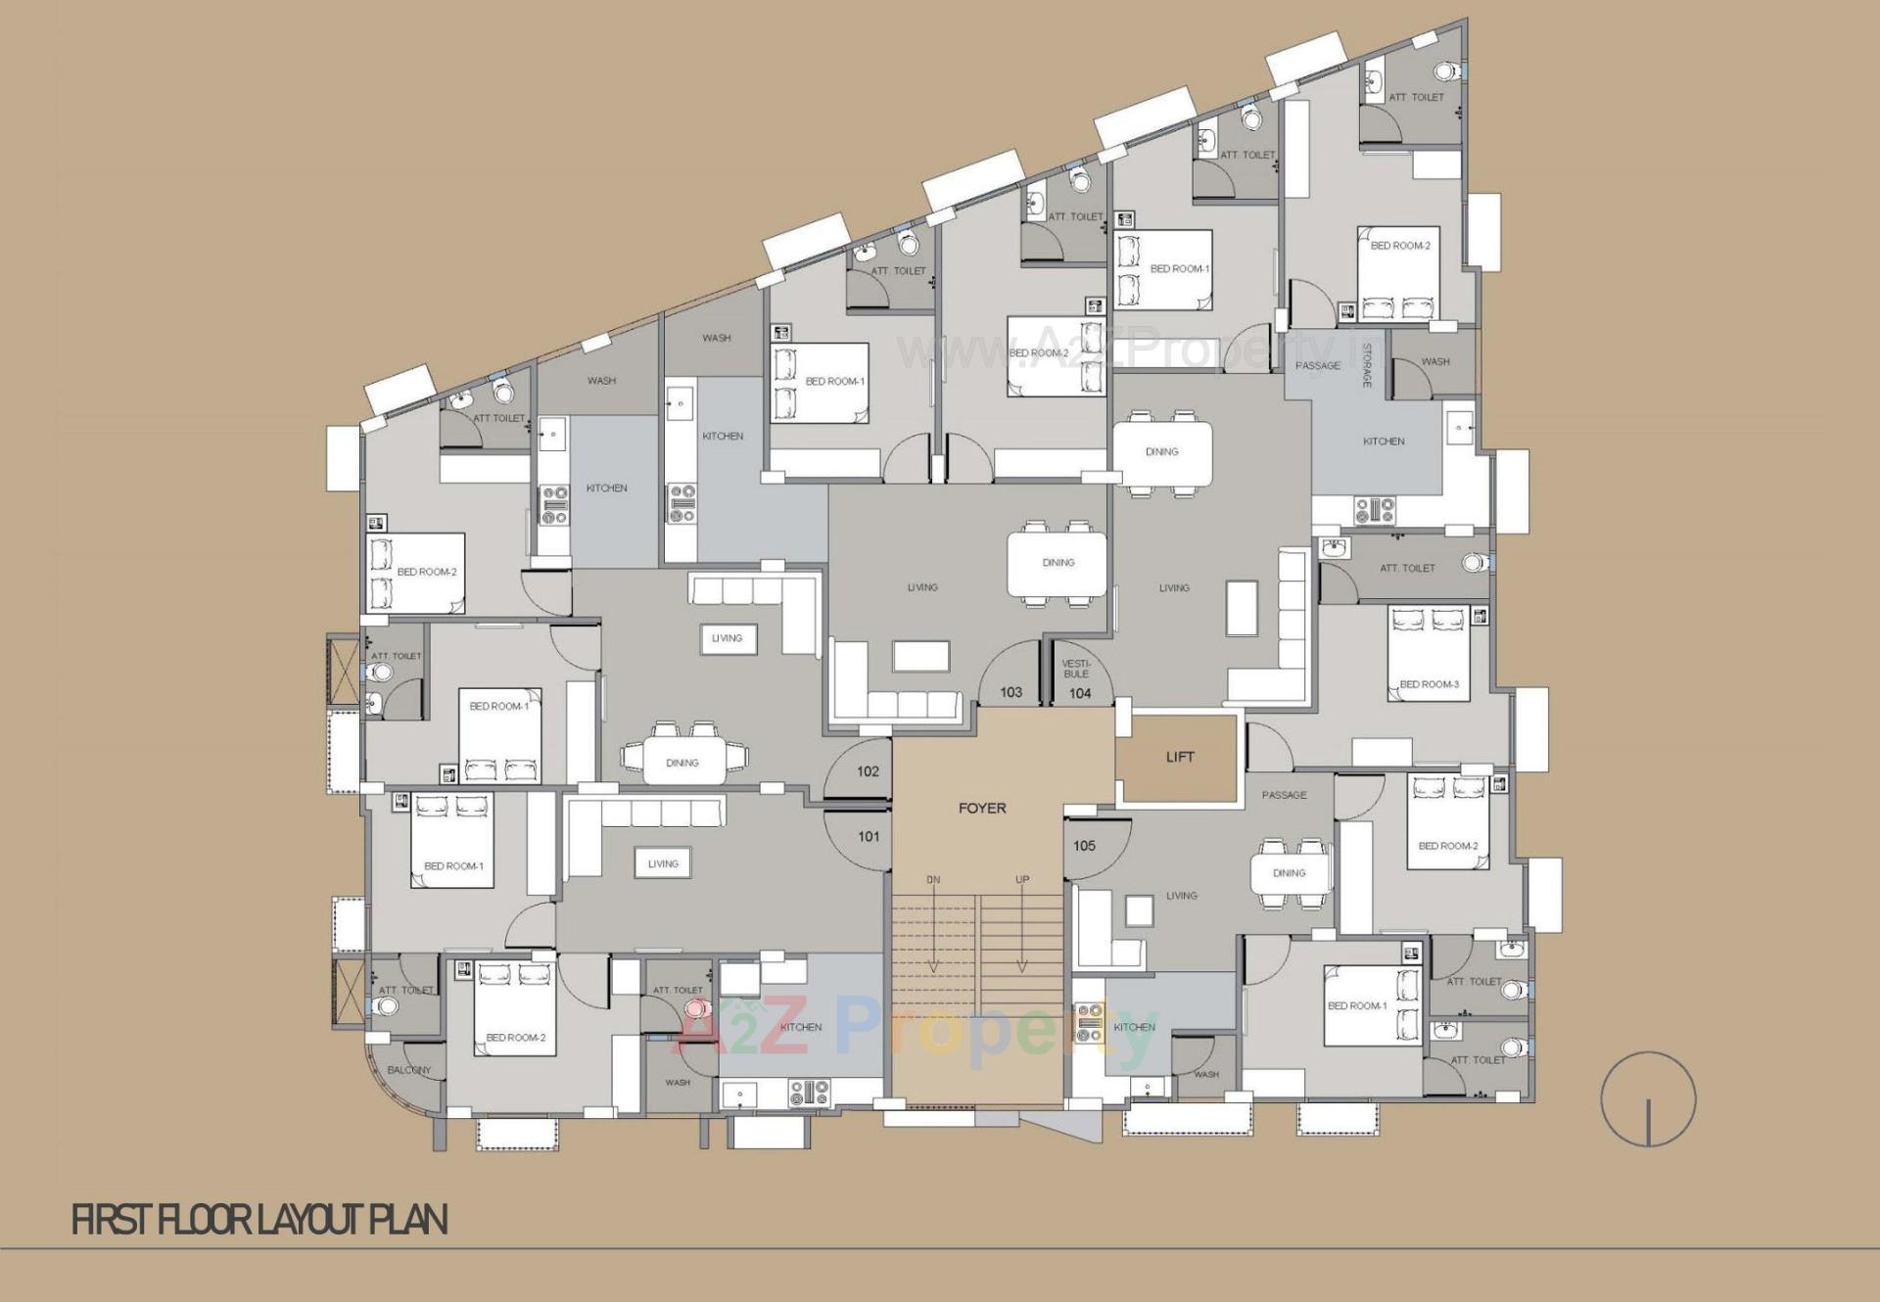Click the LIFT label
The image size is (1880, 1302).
pyautogui.click(x=1180, y=757)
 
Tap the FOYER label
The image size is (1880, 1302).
pyautogui.click(x=982, y=808)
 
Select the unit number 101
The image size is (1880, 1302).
pyautogui.click(x=869, y=836)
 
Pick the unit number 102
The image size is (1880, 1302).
pyautogui.click(x=868, y=771)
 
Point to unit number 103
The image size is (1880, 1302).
pyautogui.click(x=1010, y=692)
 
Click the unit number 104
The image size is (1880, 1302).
pyautogui.click(x=1080, y=693)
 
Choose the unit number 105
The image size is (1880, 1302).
pyautogui.click(x=1084, y=846)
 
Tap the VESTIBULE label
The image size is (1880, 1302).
pyautogui.click(x=1076, y=669)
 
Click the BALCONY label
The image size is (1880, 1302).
pyautogui.click(x=408, y=1070)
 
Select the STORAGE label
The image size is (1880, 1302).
pyautogui.click(x=1367, y=365)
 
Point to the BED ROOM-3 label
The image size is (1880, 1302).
pyautogui.click(x=1429, y=684)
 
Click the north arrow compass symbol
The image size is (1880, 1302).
pyautogui.click(x=1648, y=1099)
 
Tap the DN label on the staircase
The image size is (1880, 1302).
pyautogui.click(x=933, y=880)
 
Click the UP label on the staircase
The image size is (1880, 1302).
pyautogui.click(x=1022, y=880)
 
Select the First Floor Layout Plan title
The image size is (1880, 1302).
pyautogui.click(x=259, y=1220)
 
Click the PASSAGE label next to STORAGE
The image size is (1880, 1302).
pyautogui.click(x=1317, y=366)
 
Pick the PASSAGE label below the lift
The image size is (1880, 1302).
pyautogui.click(x=1284, y=795)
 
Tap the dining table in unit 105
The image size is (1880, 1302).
pyautogui.click(x=1290, y=873)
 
